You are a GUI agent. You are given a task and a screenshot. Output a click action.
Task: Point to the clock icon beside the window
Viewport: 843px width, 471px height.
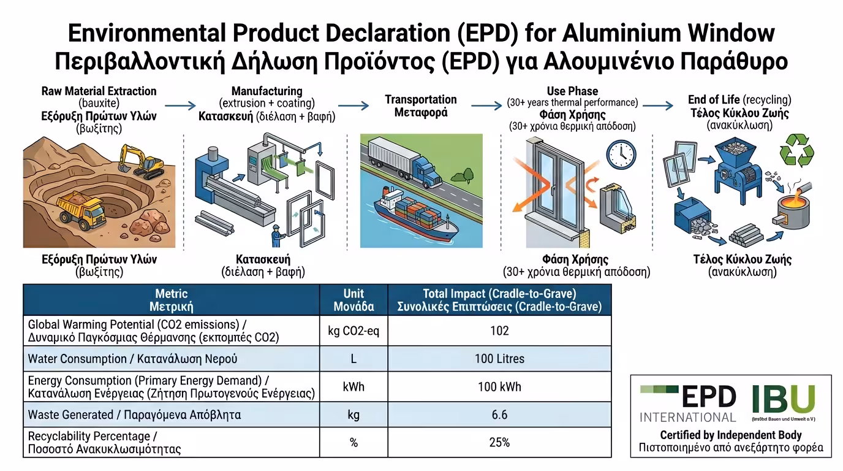621,154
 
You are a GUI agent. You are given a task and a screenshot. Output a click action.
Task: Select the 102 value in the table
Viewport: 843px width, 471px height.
499,331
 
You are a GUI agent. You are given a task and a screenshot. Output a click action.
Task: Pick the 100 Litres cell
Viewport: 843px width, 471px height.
499,359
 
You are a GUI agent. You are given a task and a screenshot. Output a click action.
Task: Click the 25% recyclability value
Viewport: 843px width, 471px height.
499,442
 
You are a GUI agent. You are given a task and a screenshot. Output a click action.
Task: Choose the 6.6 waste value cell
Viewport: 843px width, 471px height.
499,415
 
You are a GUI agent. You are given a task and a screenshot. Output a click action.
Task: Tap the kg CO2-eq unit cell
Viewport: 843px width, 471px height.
353,331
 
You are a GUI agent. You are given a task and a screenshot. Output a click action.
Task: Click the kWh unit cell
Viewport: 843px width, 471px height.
353,387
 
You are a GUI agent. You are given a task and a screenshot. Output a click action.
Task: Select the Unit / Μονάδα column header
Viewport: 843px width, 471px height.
353,300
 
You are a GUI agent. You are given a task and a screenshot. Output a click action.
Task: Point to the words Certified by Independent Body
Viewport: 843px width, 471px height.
731,435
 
